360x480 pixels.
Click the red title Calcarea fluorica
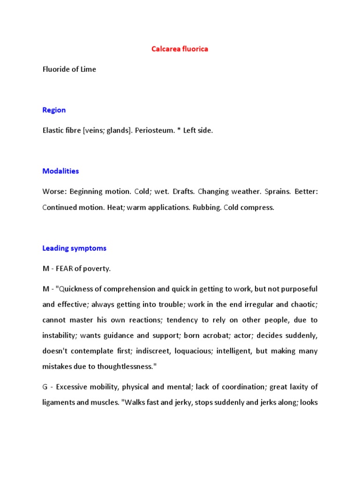point(180,49)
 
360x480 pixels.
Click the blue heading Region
point(54,110)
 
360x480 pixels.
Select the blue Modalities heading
point(60,171)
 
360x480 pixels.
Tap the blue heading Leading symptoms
point(74,248)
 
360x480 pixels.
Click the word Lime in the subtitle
point(88,69)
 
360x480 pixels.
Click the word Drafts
point(184,192)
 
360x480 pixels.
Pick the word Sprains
point(277,192)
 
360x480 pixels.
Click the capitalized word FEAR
point(66,269)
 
